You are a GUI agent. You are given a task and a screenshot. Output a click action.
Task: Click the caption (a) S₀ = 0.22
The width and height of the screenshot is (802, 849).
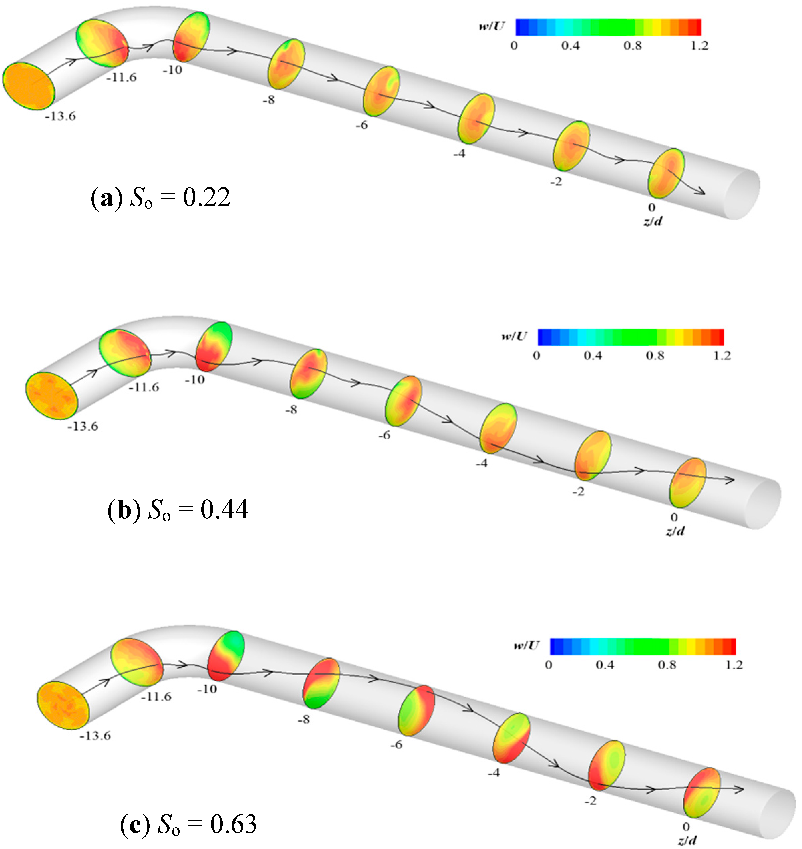[x=161, y=198]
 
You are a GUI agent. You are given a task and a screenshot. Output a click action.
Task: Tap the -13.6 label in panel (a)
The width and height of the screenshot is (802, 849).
[x=61, y=116]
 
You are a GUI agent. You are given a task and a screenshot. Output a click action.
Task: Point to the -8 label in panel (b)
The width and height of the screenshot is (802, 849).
[x=291, y=410]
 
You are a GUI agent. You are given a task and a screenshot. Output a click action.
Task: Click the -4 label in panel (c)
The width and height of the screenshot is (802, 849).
[x=494, y=773]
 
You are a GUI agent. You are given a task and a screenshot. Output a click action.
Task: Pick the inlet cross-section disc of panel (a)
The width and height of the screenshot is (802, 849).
[x=29, y=89]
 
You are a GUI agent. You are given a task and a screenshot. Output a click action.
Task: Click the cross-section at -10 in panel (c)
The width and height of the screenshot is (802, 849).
[x=226, y=656]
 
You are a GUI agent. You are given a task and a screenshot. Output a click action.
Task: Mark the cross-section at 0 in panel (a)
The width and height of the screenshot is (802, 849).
[x=666, y=173]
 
